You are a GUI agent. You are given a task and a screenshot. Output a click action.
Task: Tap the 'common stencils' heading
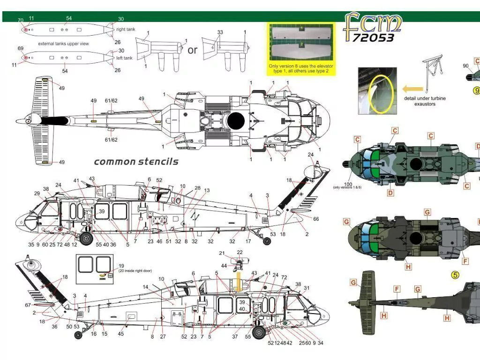coord(136,162)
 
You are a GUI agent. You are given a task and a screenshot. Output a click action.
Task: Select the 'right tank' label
coord(126,30)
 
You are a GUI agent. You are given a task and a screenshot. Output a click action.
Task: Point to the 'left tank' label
coord(125,58)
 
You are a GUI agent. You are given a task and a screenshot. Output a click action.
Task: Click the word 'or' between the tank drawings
coord(192,50)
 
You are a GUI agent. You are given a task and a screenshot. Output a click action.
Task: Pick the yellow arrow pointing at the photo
coord(412,88)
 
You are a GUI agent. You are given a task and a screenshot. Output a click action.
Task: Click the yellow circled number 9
coord(477,90)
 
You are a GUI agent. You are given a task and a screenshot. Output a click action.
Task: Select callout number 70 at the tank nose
coord(20,20)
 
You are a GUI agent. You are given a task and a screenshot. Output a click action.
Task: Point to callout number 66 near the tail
coord(316,219)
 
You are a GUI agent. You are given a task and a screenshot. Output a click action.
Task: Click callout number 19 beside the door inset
coord(121,266)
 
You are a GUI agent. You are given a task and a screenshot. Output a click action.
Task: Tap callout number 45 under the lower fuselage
coord(121,334)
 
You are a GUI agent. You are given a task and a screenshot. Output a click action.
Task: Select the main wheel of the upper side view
coord(86,239)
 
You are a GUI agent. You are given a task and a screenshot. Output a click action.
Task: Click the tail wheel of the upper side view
coord(267,241)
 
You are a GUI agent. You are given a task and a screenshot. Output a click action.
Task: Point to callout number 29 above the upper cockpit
coord(37,194)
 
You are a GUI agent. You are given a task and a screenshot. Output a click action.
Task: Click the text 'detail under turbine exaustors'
coord(425,101)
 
